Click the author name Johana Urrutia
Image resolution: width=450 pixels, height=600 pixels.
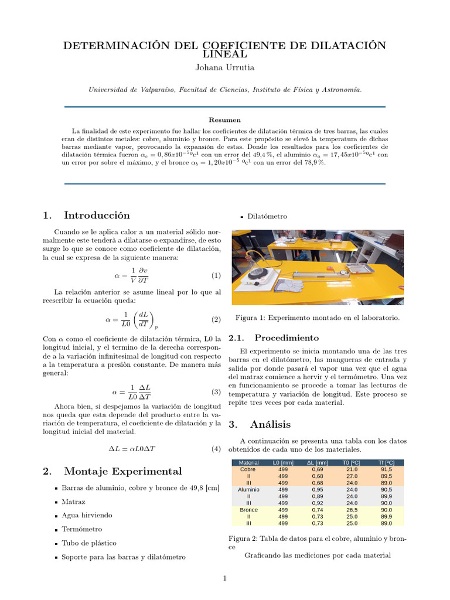tap(224, 67)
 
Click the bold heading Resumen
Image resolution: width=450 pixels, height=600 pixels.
tap(224, 120)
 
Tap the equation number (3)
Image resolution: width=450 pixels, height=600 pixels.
tap(216, 392)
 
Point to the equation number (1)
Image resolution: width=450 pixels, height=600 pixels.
tap(216, 275)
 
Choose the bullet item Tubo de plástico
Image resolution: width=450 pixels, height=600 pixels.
tap(88, 543)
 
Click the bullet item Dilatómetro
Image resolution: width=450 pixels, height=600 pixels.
tap(267, 216)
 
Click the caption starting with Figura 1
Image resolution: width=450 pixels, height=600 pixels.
tap(317, 318)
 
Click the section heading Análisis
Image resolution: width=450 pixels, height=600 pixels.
tap(270, 424)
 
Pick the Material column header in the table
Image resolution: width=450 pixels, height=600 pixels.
tap(249, 463)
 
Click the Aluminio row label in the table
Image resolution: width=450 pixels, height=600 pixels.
tap(249, 489)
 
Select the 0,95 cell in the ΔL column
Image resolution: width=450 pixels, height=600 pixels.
tap(317, 489)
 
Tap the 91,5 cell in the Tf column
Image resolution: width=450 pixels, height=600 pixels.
tap(386, 469)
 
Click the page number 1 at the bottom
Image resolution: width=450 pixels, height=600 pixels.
tap(224, 579)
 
